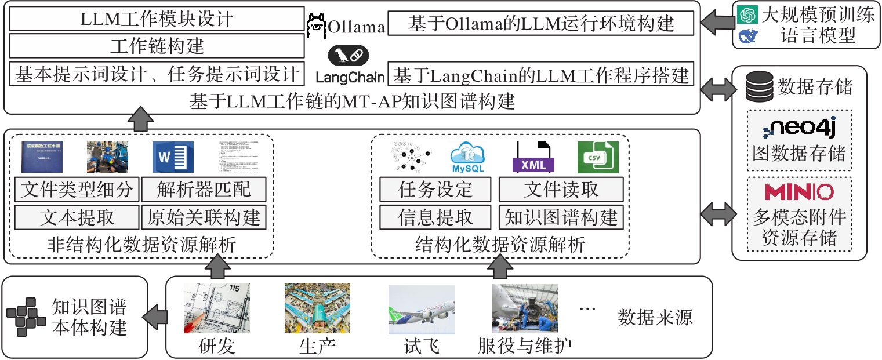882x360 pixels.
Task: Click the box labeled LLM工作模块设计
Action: tap(157, 19)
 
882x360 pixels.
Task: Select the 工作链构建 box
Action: tap(157, 46)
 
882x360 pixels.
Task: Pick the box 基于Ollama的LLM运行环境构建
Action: tap(541, 24)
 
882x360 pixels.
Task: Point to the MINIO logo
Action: tap(799, 192)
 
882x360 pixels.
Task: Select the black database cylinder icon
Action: tap(759, 86)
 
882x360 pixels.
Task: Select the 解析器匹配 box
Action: tap(204, 189)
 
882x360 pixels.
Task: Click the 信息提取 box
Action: tap(435, 217)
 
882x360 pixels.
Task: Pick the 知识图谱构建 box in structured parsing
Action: tap(561, 217)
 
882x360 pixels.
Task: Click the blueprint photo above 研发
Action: tap(217, 307)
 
